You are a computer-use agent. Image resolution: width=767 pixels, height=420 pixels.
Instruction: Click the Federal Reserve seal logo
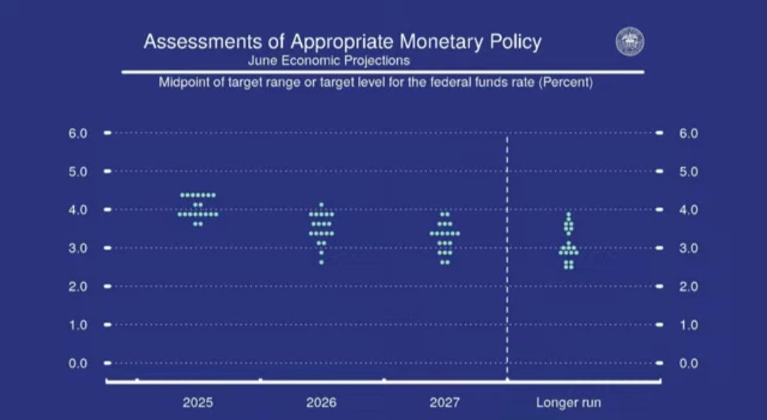coord(629,42)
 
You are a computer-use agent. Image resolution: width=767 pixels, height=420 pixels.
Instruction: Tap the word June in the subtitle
coord(262,60)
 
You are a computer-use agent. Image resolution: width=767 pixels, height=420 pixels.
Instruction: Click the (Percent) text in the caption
coord(565,82)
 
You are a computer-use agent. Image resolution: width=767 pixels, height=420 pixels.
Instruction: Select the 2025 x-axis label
coord(197,402)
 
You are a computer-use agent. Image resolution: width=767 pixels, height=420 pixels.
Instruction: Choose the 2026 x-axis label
coord(321,402)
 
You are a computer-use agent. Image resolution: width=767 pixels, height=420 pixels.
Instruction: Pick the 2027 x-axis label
coord(444,402)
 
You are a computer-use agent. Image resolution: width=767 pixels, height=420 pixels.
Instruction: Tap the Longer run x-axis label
coord(568,403)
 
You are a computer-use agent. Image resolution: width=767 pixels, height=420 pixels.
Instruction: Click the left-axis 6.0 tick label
coord(78,133)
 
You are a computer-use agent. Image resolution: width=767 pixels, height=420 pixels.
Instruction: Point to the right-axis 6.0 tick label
coord(688,133)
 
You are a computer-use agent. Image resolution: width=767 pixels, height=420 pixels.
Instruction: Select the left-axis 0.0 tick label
coord(78,363)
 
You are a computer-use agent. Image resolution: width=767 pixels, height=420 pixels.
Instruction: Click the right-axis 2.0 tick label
coord(688,286)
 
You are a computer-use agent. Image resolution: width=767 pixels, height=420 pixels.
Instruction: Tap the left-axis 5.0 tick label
coord(78,172)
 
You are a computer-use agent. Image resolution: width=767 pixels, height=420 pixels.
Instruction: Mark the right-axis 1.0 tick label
coord(688,325)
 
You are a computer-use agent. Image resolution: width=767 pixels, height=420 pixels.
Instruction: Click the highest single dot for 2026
coord(322,205)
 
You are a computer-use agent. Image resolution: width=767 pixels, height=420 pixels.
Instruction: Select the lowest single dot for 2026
coord(322,262)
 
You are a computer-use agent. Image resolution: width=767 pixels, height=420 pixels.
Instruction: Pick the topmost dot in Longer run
coord(568,214)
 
